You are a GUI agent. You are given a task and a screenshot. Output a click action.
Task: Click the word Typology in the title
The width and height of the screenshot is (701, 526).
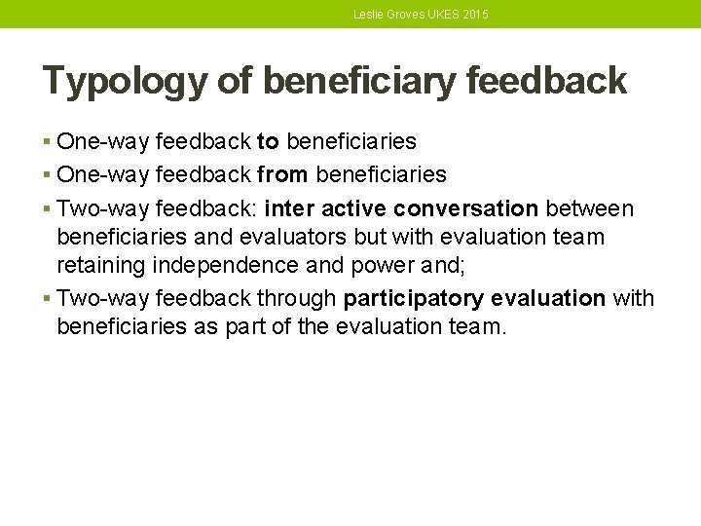[x=124, y=82]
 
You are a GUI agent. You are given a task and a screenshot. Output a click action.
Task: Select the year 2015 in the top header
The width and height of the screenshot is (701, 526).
[x=475, y=15]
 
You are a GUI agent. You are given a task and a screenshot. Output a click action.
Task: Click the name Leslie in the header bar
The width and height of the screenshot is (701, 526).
[x=369, y=15]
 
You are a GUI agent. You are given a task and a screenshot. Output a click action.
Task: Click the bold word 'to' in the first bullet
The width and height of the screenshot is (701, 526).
[x=268, y=142]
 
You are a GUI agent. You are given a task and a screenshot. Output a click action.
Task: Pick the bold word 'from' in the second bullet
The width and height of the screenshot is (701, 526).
[x=283, y=175]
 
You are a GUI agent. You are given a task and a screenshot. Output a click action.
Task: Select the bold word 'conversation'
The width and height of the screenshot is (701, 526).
[x=465, y=208]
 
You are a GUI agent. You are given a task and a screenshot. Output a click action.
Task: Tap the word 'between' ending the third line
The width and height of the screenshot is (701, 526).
[x=589, y=208]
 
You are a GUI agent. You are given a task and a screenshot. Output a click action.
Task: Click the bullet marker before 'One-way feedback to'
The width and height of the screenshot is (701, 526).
[x=48, y=142]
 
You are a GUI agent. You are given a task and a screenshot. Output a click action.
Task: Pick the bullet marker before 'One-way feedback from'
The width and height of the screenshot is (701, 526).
[x=48, y=175]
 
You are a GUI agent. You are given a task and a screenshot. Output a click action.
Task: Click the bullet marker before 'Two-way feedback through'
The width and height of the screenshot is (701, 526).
[x=48, y=298]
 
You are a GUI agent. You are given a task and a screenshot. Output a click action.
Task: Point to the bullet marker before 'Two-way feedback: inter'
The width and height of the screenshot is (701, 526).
[x=48, y=208]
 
